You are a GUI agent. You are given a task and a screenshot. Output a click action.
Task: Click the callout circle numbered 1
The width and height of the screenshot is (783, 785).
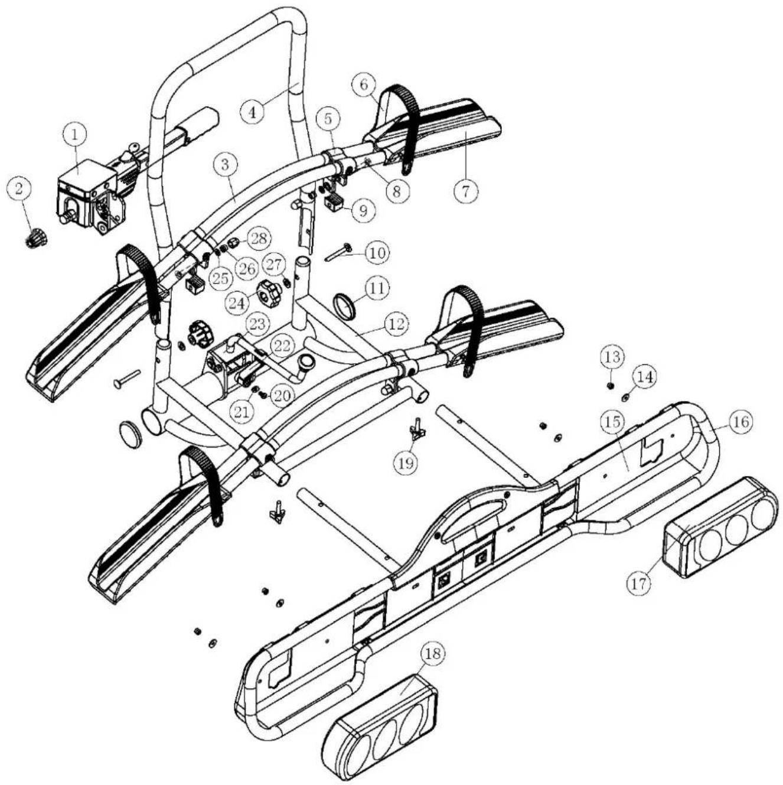point(75,135)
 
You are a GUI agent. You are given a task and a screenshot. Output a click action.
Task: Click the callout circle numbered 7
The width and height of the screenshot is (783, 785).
point(466,192)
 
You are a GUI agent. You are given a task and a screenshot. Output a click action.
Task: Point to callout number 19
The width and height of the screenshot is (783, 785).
point(406,462)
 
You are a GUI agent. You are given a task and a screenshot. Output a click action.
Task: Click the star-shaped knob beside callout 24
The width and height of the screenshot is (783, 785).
point(271,293)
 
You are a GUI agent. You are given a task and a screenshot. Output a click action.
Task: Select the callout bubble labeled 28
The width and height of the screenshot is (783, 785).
point(257,239)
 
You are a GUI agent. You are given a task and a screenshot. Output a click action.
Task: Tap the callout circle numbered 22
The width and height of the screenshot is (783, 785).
point(282,346)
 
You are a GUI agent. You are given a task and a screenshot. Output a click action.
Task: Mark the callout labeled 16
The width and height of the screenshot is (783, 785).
point(742,421)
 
